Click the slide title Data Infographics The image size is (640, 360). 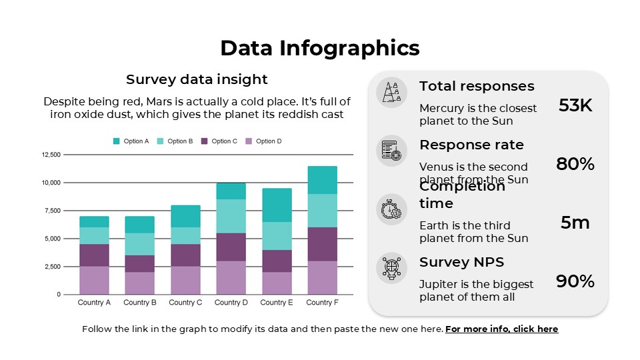coord(320,48)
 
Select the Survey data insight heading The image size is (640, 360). coord(197,79)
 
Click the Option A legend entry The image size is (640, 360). coord(131,141)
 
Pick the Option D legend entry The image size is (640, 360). coord(264,141)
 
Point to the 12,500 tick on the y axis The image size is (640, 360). coord(51,155)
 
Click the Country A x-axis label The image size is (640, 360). coord(94,303)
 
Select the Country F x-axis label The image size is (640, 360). coord(322,303)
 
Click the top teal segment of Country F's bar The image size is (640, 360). coord(322,180)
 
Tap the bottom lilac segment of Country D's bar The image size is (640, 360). coord(231,277)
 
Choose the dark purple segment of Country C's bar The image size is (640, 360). coord(185,255)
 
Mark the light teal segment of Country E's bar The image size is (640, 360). coord(277,236)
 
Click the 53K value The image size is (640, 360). coord(575,105)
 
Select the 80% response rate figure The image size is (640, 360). coord(575,164)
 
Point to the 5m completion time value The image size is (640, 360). coord(575,223)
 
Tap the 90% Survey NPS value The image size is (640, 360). coord(575,281)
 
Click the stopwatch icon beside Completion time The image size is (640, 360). coord(391,209)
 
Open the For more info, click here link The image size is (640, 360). coord(501,329)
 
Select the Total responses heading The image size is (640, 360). coord(477,86)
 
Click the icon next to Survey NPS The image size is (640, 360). coord(391,268)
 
